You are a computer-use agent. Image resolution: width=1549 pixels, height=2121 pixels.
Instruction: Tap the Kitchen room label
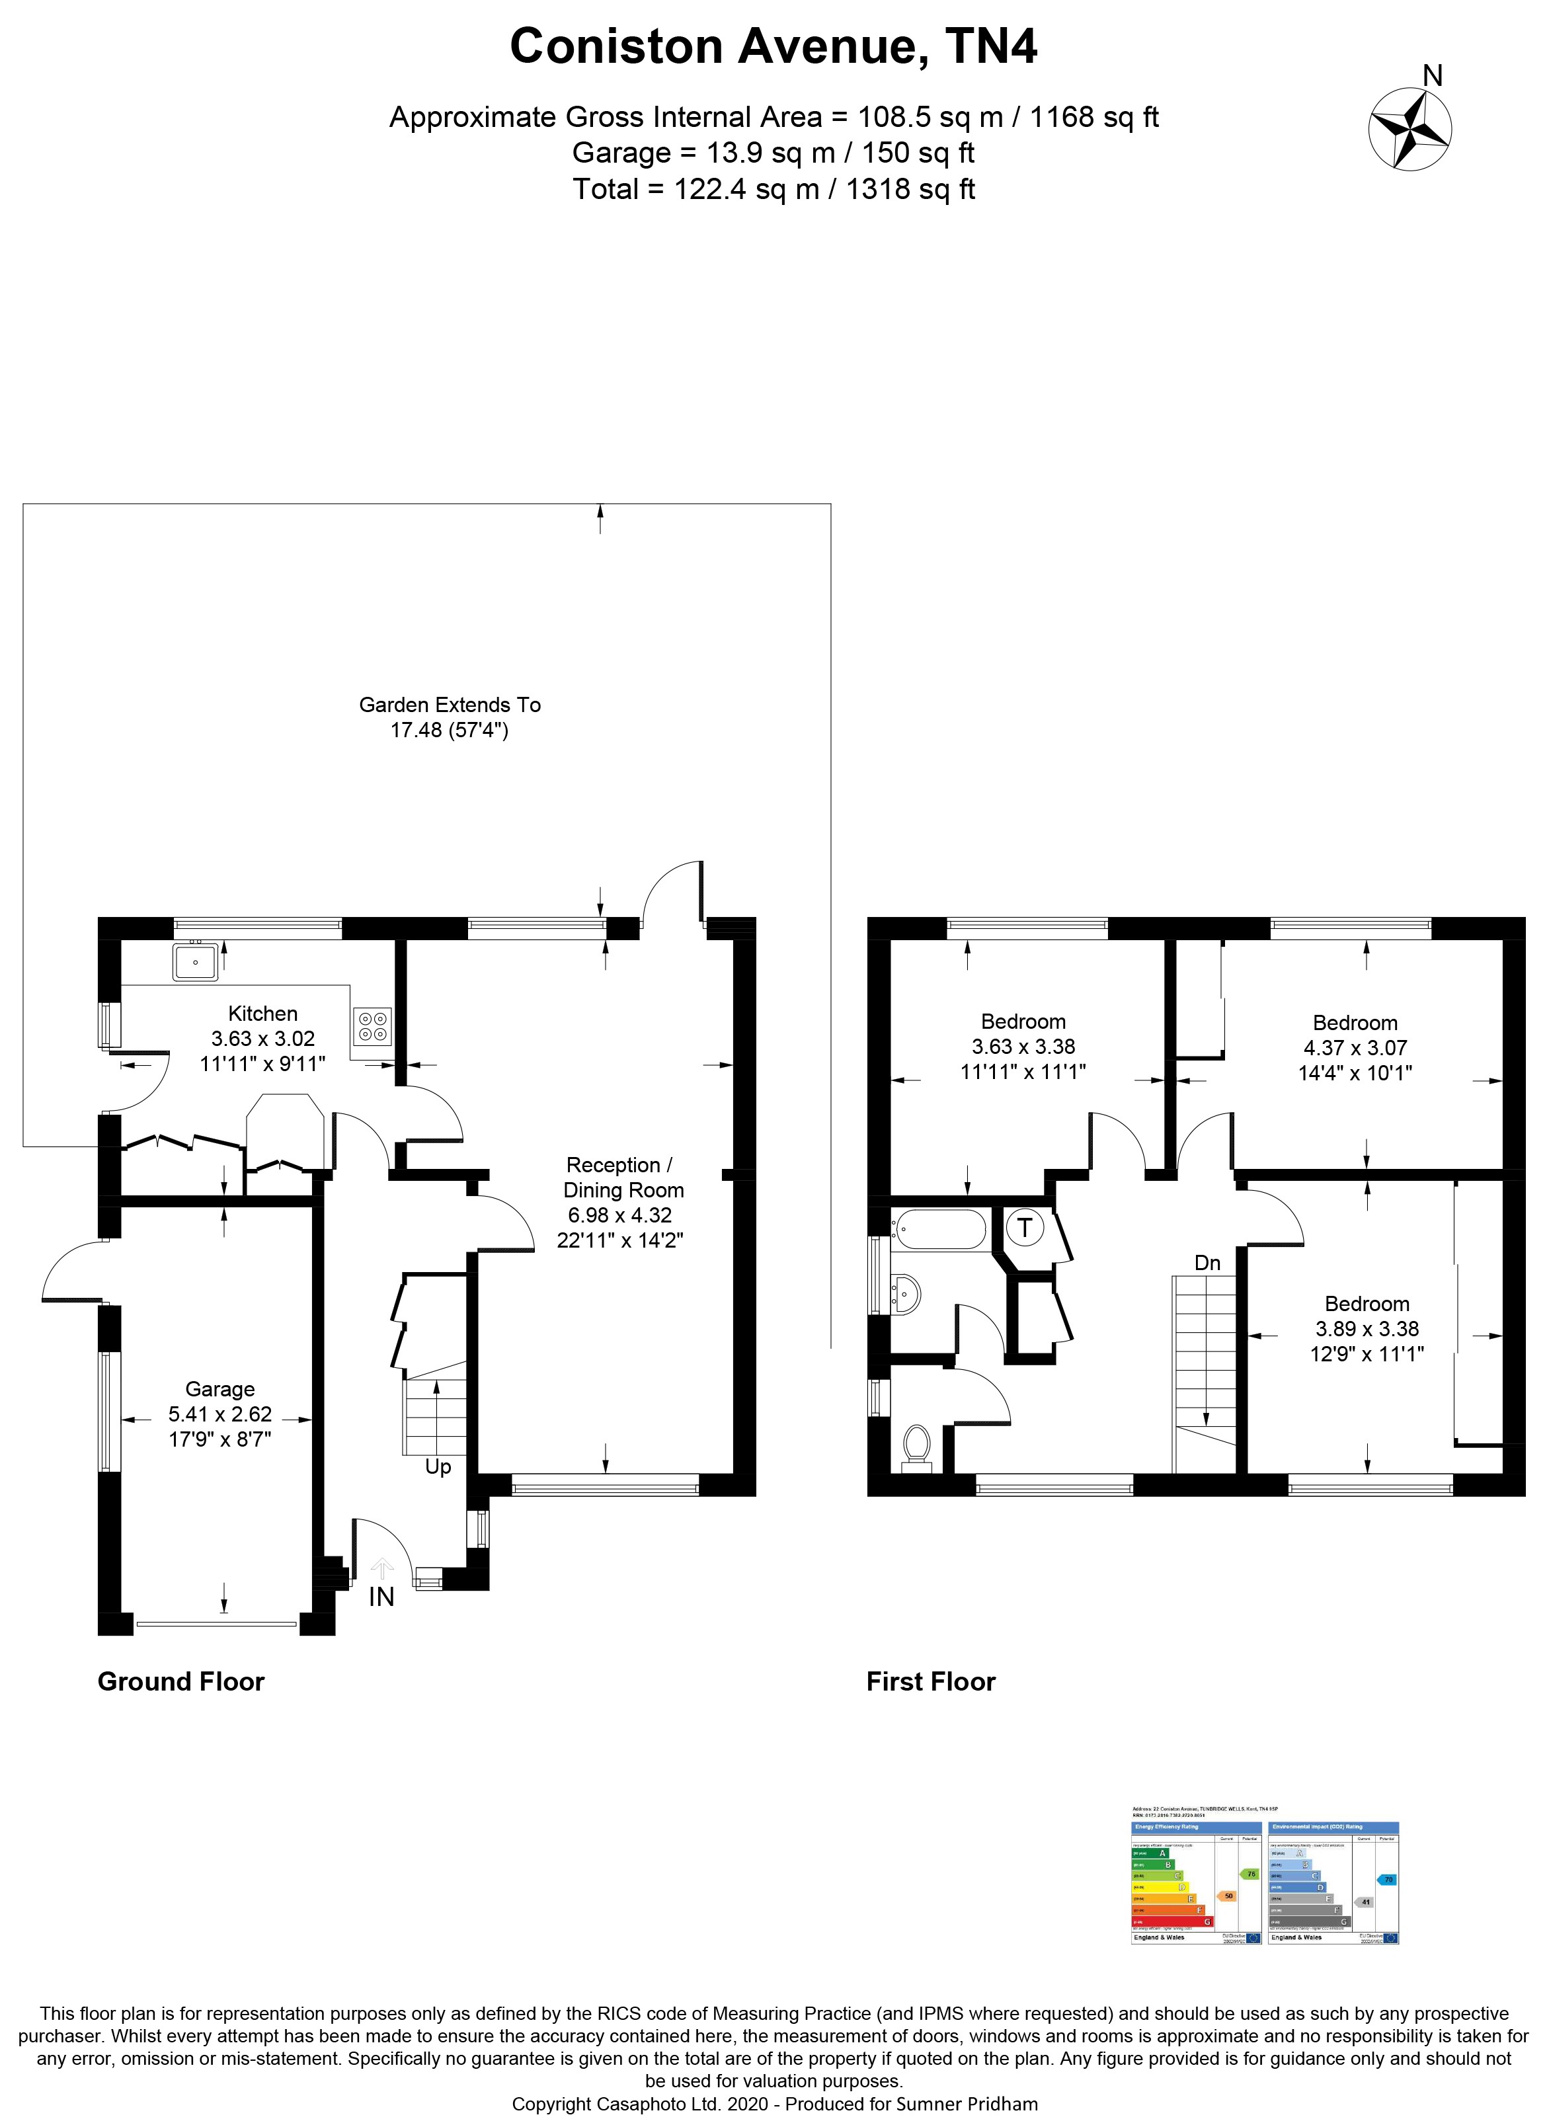click(x=262, y=1014)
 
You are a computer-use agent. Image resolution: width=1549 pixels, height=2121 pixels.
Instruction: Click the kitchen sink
click(x=195, y=962)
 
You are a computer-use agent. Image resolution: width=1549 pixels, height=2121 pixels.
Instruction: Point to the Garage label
click(x=219, y=1388)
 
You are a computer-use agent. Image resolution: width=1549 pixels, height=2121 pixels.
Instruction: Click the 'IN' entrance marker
click(x=381, y=1596)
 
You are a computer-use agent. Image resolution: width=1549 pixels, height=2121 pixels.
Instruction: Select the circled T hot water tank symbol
click(x=1025, y=1226)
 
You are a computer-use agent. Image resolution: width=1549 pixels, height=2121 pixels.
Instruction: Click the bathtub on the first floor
click(x=939, y=1229)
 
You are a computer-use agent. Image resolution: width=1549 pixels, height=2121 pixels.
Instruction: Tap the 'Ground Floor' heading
click(x=181, y=1681)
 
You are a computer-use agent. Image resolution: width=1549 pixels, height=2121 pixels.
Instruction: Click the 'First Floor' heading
click(x=930, y=1681)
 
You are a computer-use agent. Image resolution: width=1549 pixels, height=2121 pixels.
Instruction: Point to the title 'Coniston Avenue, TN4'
click(x=774, y=47)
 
